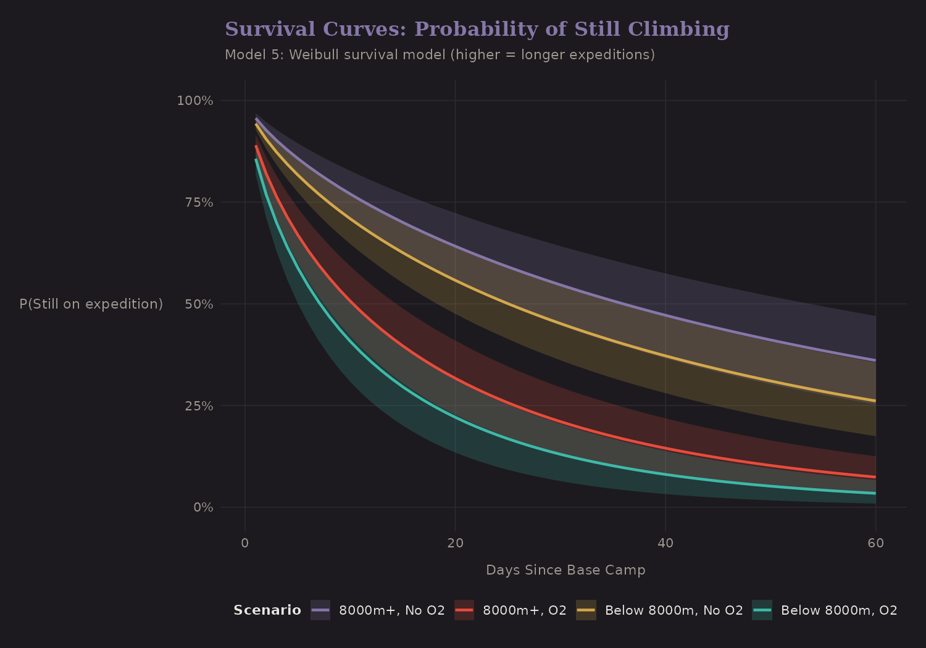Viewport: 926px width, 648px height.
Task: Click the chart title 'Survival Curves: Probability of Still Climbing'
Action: (x=477, y=29)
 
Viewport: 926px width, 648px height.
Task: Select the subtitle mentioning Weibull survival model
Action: (x=440, y=55)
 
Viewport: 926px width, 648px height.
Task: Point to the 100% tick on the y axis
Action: (x=195, y=101)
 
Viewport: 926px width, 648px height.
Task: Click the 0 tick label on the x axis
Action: (x=245, y=543)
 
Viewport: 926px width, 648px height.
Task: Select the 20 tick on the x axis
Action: (x=455, y=543)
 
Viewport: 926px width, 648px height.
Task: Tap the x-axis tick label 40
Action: (x=665, y=543)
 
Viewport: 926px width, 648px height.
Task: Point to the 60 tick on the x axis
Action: (x=875, y=543)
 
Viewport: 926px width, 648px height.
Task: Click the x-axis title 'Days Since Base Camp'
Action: (x=565, y=570)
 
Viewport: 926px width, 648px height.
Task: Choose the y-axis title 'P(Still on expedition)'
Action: (x=91, y=304)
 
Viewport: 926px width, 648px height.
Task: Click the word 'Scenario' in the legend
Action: (x=267, y=610)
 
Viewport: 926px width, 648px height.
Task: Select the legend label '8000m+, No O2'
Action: (x=392, y=610)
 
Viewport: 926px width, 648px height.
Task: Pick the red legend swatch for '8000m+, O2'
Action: (x=464, y=610)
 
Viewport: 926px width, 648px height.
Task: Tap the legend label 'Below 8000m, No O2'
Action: (x=674, y=610)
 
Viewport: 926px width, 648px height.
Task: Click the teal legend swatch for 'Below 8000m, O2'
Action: (x=762, y=610)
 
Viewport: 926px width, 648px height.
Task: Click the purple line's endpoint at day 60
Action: (x=875, y=360)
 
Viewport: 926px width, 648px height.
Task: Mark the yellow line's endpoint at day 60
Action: (x=875, y=401)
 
